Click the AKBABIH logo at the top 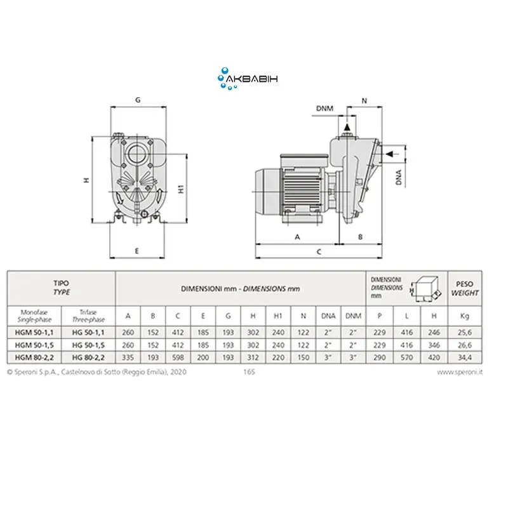click(248, 79)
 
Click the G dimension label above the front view click(138, 100)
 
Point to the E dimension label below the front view click(137, 251)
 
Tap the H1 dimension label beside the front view click(181, 189)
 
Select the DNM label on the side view click(324, 109)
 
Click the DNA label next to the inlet click(399, 177)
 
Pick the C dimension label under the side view click(319, 251)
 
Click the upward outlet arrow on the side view click(347, 128)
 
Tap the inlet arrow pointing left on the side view click(390, 154)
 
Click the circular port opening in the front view click(137, 154)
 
